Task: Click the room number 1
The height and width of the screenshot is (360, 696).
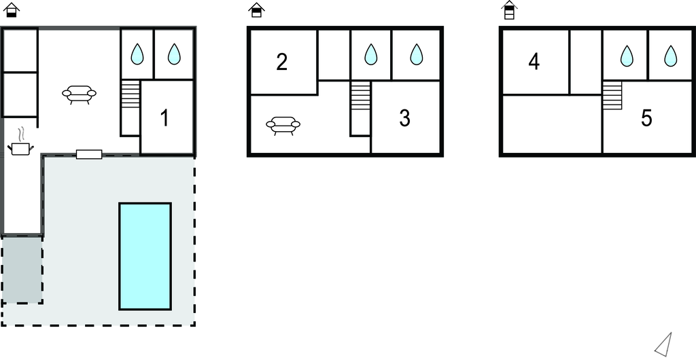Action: pyautogui.click(x=164, y=118)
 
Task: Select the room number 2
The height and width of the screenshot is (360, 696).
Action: pyautogui.click(x=282, y=62)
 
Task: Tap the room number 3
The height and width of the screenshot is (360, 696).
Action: pyautogui.click(x=404, y=118)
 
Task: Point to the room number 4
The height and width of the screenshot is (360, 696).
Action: pyautogui.click(x=534, y=62)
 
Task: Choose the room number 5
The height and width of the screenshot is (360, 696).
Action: pyautogui.click(x=646, y=118)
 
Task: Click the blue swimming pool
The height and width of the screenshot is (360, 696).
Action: pyautogui.click(x=145, y=256)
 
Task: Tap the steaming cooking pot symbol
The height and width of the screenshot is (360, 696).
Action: pyautogui.click(x=20, y=142)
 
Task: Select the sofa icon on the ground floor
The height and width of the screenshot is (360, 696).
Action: pyautogui.click(x=79, y=94)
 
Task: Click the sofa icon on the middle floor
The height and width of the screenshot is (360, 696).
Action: pyautogui.click(x=283, y=126)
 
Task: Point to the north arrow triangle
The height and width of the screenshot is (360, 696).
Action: pyautogui.click(x=664, y=344)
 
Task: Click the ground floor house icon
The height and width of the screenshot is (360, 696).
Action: pyautogui.click(x=12, y=10)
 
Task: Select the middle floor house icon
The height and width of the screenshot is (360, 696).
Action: pyautogui.click(x=256, y=10)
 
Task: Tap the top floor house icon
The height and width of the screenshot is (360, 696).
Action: pyautogui.click(x=510, y=10)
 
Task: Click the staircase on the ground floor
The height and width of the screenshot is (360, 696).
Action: pyautogui.click(x=130, y=94)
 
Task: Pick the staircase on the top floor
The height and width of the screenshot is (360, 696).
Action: pyautogui.click(x=612, y=95)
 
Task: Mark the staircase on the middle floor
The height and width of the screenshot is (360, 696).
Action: pyautogui.click(x=360, y=95)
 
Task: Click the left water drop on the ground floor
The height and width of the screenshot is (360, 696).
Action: pyautogui.click(x=137, y=54)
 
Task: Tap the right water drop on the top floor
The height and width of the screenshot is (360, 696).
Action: pyautogui.click(x=670, y=56)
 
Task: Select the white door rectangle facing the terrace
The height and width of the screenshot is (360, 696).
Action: pyautogui.click(x=89, y=154)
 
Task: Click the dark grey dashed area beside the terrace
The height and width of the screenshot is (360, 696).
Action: pyautogui.click(x=22, y=270)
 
